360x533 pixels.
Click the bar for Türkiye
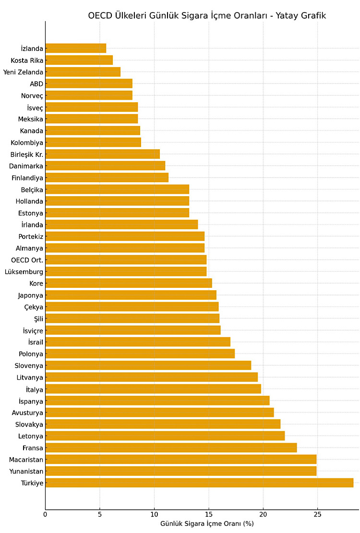199,483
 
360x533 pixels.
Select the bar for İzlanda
75,48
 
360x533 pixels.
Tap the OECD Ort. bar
126,260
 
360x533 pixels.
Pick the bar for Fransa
171,448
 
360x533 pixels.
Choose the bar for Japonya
131,295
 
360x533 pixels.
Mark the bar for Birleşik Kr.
102,154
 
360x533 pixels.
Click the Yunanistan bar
180,471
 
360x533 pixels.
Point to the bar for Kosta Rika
79,60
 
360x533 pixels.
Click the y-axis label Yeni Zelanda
23,72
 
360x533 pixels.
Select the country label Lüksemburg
24,272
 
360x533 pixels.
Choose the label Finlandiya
27,178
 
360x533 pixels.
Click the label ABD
36,83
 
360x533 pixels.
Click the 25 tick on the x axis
317,515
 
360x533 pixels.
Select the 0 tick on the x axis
45,515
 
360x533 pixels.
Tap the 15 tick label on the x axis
208,515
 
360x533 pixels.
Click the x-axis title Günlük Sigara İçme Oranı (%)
207,524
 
